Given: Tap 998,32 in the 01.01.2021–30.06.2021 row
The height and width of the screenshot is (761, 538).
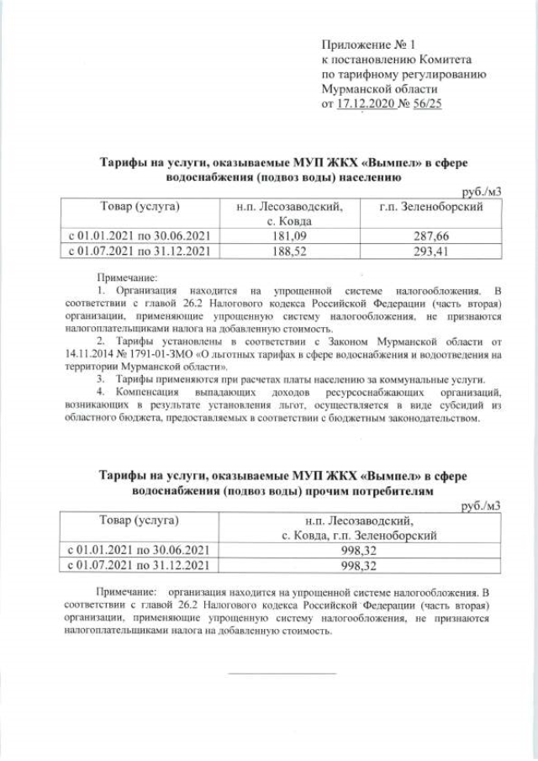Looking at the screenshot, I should (x=361, y=550).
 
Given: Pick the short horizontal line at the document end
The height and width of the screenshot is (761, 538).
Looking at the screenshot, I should (x=282, y=673).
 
